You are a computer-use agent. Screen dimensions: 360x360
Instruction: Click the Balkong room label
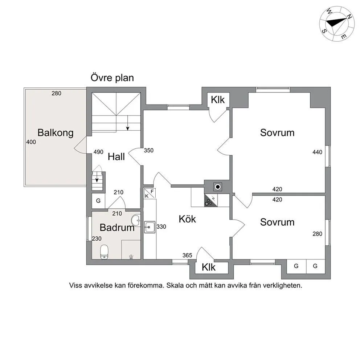pos(56,132)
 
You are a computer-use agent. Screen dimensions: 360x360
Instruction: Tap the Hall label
pos(116,157)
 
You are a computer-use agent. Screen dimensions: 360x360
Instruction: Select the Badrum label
pos(117,228)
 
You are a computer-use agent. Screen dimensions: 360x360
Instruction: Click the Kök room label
pos(187,219)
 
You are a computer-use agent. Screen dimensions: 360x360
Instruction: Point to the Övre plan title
pos(112,78)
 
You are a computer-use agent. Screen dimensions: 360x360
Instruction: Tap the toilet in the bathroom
pos(104,251)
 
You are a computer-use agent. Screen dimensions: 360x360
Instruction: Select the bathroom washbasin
pos(136,220)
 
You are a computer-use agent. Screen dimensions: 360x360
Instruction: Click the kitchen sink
pos(150,228)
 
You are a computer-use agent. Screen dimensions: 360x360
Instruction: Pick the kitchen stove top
pos(210,200)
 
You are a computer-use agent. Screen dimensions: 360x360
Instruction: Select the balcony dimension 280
pos(56,93)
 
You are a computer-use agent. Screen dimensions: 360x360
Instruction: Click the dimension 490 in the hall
pos(98,152)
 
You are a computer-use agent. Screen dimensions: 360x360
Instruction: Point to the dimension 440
pos(317,152)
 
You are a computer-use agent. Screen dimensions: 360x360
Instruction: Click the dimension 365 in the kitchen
pos(187,255)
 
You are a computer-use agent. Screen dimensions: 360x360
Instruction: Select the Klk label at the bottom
pos(209,267)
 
